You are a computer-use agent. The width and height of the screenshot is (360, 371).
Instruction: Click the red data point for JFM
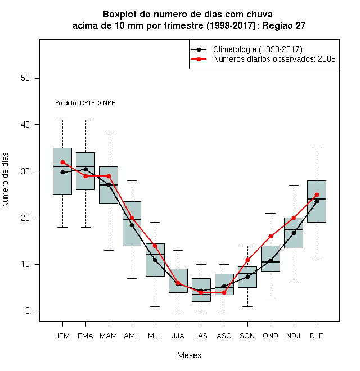click(x=63, y=162)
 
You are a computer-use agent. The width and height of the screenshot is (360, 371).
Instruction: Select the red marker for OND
click(x=271, y=236)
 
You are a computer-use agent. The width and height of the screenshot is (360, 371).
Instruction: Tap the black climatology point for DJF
click(x=317, y=202)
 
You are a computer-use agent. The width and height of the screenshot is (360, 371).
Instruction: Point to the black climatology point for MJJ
click(x=155, y=260)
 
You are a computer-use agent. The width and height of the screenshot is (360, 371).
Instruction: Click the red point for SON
click(x=247, y=260)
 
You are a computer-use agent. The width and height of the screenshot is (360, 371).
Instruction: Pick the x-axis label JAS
click(x=201, y=336)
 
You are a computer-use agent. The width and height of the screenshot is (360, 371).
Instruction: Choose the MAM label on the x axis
click(x=109, y=336)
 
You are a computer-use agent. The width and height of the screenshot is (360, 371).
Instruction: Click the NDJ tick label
click(x=294, y=336)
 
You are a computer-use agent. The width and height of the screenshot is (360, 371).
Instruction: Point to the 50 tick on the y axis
click(x=25, y=78)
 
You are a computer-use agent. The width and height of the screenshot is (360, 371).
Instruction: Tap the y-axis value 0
click(x=28, y=311)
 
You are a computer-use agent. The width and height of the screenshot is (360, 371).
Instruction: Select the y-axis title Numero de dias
click(x=5, y=180)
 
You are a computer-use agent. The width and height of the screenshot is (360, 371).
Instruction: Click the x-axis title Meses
click(x=189, y=355)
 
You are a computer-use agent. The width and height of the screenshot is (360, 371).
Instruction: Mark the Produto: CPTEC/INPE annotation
click(x=85, y=103)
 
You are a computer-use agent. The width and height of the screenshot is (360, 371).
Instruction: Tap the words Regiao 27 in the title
click(x=283, y=25)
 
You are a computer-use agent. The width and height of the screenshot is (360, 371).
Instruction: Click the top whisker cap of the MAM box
click(x=109, y=134)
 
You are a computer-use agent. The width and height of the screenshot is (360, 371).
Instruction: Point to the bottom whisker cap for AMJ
click(x=132, y=278)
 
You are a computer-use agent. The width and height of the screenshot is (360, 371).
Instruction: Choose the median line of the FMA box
click(x=85, y=166)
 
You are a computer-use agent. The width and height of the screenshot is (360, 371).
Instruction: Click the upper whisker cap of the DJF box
click(x=317, y=148)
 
